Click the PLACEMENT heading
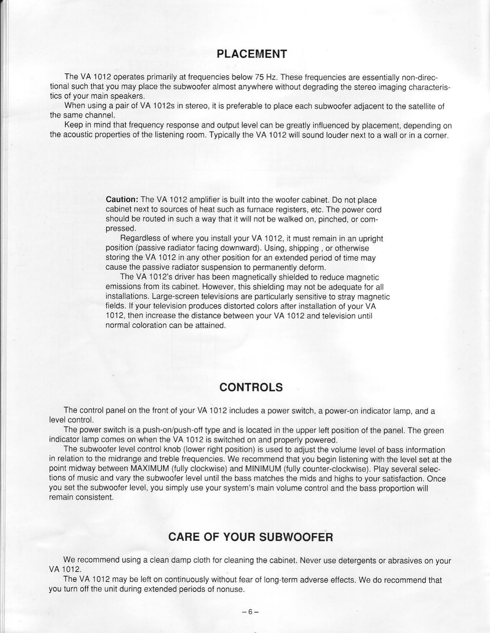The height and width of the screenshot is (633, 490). coord(252,54)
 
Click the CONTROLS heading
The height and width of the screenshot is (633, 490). coord(251,387)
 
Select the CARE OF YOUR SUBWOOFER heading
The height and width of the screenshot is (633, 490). coord(251,537)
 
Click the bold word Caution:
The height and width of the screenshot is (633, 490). coord(122,200)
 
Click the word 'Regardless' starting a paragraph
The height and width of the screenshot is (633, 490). coord(138,239)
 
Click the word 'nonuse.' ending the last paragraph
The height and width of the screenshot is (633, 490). coord(232,589)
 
